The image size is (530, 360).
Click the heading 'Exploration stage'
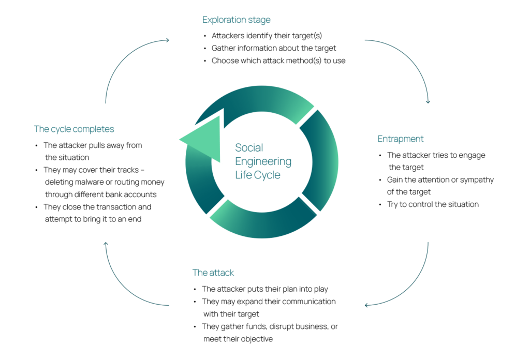pyautogui.click(x=236, y=20)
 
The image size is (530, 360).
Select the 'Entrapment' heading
pyautogui.click(x=400, y=139)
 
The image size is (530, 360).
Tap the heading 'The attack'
pyautogui.click(x=213, y=273)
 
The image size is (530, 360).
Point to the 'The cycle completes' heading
pyautogui.click(x=74, y=129)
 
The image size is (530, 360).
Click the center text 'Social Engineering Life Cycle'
pyautogui.click(x=262, y=161)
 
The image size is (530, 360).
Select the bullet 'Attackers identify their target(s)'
pyautogui.click(x=267, y=36)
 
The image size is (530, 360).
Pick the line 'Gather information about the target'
pyautogui.click(x=274, y=48)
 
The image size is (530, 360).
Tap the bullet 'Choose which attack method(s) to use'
pyautogui.click(x=278, y=61)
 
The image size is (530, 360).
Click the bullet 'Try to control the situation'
pyautogui.click(x=433, y=204)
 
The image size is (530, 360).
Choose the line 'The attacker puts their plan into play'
pyautogui.click(x=264, y=289)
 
